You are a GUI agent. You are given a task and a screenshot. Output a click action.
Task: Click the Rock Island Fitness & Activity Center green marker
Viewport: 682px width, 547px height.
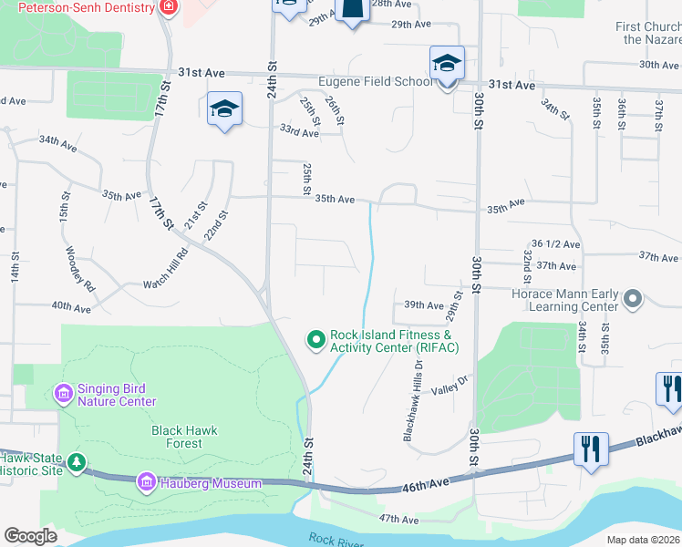(x=316, y=340)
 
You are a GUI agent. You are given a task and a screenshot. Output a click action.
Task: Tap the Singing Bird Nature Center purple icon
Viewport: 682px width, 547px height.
(x=64, y=394)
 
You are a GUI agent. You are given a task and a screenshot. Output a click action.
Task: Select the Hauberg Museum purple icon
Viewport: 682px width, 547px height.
(x=145, y=481)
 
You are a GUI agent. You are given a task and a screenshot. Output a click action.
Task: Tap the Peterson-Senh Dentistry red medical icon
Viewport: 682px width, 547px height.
(x=168, y=7)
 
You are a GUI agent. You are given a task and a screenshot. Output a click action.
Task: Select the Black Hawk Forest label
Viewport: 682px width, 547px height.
(x=178, y=436)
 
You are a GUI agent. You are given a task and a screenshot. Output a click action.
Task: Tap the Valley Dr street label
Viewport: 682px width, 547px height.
(x=449, y=387)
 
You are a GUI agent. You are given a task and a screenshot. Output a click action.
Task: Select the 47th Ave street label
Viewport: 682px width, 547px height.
(x=398, y=520)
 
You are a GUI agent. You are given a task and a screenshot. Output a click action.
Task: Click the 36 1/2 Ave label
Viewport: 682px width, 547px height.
(x=555, y=244)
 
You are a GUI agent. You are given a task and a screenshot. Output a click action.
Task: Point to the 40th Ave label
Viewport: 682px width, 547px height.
(x=71, y=307)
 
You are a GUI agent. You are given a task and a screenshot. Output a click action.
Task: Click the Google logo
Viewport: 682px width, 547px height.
(x=30, y=536)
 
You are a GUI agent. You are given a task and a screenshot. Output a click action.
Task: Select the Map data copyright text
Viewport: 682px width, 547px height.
(x=644, y=540)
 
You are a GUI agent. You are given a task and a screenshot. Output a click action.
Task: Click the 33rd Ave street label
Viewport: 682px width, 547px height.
(x=299, y=133)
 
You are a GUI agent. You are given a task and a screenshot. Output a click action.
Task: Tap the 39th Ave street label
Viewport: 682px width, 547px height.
(x=423, y=304)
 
